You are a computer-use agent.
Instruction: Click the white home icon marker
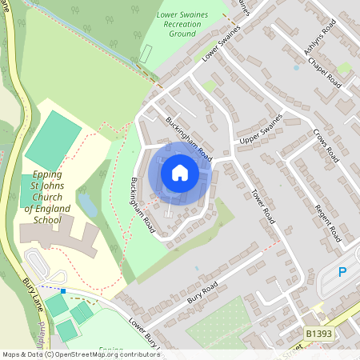pos(180,172)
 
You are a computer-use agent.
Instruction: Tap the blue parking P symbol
pos(342,273)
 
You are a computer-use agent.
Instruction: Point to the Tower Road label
pos(262,206)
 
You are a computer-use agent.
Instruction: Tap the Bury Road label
pos(203,288)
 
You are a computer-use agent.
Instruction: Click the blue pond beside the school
pos(88,206)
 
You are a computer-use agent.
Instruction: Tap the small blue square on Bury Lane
pos(62,291)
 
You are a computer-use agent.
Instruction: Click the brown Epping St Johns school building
pos(56,237)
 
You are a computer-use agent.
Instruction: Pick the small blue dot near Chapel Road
pos(296,68)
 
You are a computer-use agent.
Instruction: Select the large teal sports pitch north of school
pos(53,139)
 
